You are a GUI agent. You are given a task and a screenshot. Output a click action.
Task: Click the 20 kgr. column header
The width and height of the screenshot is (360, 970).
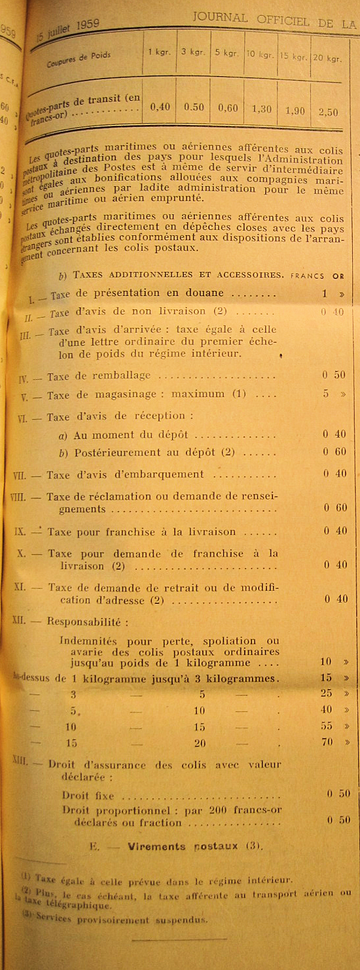click(327, 58)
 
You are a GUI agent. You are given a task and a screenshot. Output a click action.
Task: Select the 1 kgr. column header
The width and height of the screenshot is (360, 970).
click(160, 52)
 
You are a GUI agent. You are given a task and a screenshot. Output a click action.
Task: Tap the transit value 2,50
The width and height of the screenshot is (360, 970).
click(328, 112)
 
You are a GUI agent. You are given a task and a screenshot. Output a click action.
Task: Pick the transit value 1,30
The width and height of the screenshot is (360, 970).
click(262, 109)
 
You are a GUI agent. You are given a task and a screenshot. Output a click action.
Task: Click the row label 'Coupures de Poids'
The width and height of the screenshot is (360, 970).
click(79, 59)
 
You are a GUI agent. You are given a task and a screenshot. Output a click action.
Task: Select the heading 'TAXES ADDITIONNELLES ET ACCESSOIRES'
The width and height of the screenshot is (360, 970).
click(178, 275)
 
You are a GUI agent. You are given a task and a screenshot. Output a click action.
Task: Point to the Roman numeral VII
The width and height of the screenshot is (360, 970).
click(19, 475)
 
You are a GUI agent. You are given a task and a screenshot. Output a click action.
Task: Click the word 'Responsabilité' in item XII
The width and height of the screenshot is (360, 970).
click(84, 622)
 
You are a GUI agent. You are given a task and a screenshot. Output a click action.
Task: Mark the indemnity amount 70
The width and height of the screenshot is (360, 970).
click(326, 742)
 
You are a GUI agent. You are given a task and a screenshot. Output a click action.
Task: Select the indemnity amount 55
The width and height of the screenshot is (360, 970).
click(326, 726)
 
